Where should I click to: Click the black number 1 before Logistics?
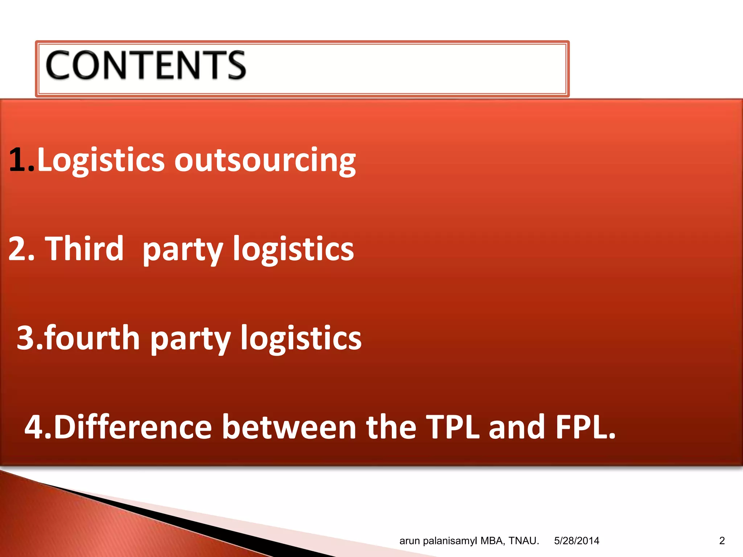tap(18, 160)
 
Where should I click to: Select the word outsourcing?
tap(265, 160)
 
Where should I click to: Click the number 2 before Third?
tap(18, 249)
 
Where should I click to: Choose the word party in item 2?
tap(182, 250)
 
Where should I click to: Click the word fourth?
tap(93, 338)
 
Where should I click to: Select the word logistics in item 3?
tap(301, 339)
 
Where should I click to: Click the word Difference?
tap(132, 427)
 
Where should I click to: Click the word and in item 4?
tap(517, 427)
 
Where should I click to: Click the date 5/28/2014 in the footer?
tap(576, 541)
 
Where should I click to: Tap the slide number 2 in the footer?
tap(722, 541)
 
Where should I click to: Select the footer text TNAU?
tap(524, 541)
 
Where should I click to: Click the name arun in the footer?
tap(410, 541)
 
